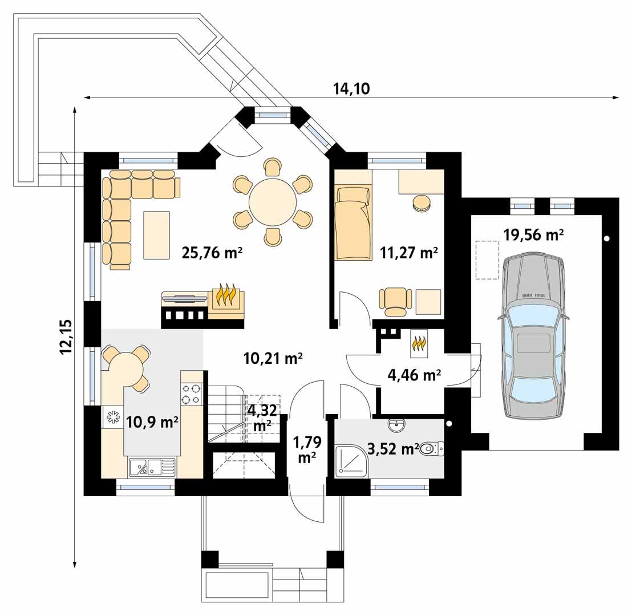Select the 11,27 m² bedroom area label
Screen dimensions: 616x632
[408, 253]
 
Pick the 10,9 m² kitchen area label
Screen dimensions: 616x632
[152, 422]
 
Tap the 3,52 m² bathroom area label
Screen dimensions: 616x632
[393, 449]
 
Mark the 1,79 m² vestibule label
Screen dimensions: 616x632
[307, 449]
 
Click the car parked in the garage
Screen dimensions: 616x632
[533, 337]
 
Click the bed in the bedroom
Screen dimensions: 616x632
[352, 222]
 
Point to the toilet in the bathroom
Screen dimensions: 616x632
[432, 451]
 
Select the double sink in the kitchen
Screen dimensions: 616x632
[151, 468]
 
